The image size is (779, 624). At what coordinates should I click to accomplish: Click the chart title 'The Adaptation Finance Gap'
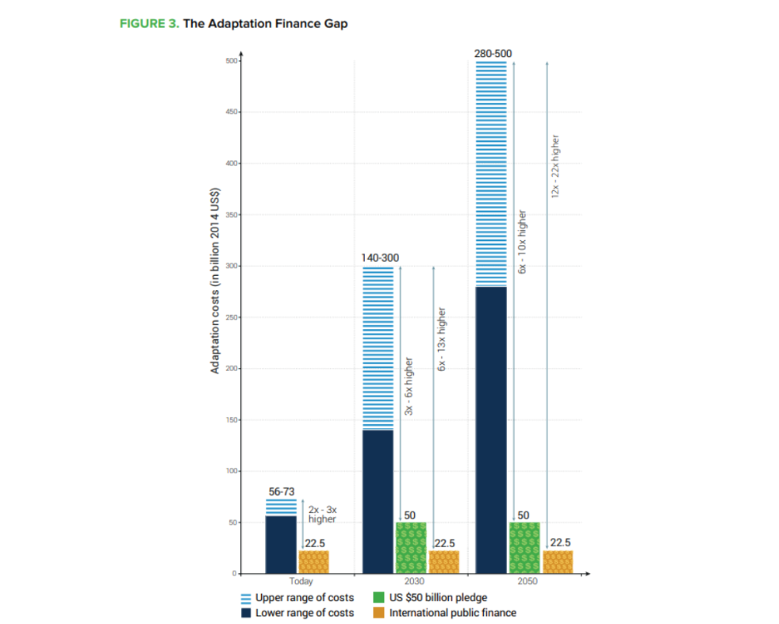pos(265,24)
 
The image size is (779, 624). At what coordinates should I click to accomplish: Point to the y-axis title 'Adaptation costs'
pos(214,281)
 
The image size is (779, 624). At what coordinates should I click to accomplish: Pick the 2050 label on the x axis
pos(522,580)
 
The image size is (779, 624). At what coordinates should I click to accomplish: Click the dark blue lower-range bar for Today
pos(281,545)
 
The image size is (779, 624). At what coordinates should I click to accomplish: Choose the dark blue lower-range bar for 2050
pos(490,429)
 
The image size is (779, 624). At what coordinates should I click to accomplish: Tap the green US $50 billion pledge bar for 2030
pos(411,547)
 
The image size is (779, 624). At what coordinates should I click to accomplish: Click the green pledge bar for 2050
pos(524,547)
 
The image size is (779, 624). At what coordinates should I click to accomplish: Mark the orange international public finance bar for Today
pos(313,561)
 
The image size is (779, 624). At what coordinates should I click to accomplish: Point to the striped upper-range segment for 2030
pos(378,348)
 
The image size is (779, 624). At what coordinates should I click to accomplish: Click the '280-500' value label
pos(493,53)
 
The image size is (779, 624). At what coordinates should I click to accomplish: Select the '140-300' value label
pos(380,258)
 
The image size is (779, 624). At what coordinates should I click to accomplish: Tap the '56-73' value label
pos(282,492)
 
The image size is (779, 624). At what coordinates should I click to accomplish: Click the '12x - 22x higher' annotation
pos(556,166)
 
